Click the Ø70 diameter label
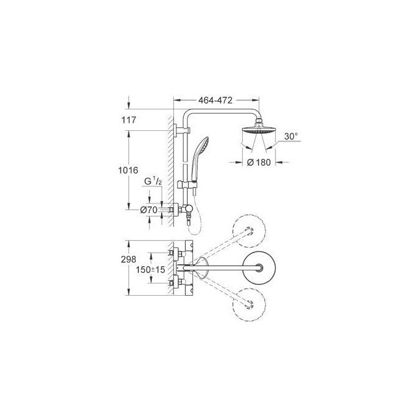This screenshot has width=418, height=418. coord(148,210)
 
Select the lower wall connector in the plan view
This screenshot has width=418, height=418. coord(174,283)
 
